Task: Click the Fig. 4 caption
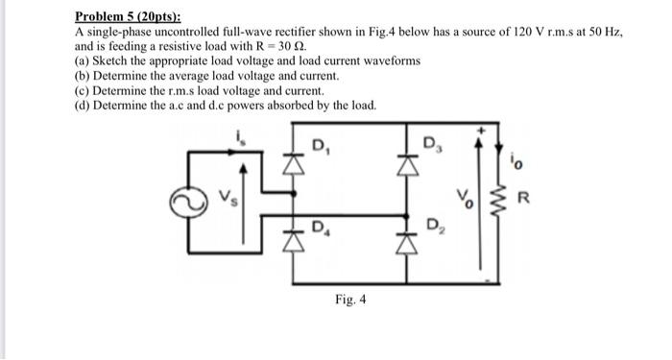tap(350, 300)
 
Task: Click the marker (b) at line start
tap(82, 74)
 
